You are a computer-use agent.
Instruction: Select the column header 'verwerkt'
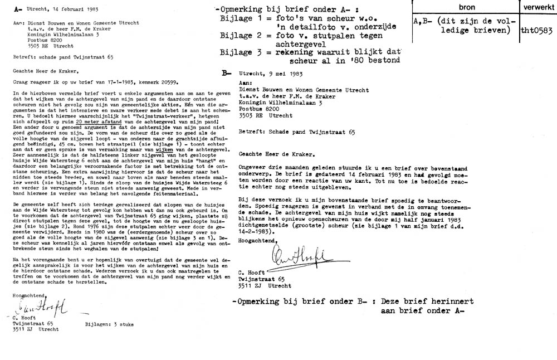(x=537, y=6)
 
